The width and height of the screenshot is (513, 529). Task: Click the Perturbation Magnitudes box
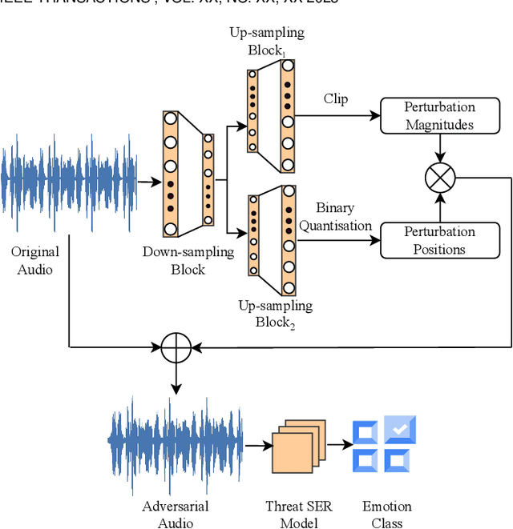[439, 116]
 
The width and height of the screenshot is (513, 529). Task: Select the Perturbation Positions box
[439, 240]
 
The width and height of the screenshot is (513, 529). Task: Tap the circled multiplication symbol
[439, 178]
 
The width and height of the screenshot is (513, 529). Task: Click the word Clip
[335, 99]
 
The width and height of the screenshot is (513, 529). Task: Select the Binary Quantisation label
[335, 217]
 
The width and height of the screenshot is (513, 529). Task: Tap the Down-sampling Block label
[188, 260]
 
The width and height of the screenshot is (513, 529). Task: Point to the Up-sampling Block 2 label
[275, 314]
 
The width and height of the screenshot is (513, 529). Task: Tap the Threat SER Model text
[298, 515]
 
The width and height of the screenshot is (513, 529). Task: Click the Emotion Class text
[386, 515]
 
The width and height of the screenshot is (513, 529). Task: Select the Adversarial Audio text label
[175, 515]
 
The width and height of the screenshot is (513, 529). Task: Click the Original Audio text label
[34, 260]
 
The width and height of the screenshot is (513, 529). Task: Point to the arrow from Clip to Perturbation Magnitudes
[337, 115]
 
